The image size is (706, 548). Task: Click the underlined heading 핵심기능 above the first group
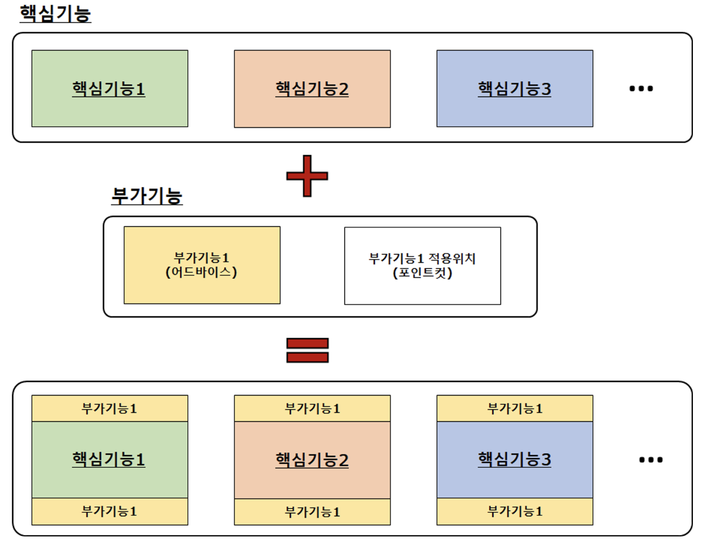pyautogui.click(x=55, y=14)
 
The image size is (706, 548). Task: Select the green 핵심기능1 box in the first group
pyautogui.click(x=110, y=89)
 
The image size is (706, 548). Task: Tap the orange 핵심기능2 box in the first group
pyautogui.click(x=312, y=89)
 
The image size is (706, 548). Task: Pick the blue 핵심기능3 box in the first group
pyautogui.click(x=515, y=89)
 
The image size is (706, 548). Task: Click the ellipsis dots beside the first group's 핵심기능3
pyautogui.click(x=641, y=89)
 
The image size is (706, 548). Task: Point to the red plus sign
pyautogui.click(x=307, y=176)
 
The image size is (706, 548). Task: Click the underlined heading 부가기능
pyautogui.click(x=147, y=196)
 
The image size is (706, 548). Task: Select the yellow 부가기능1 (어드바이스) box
pyautogui.click(x=202, y=265)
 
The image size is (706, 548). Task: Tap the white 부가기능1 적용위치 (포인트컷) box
pyautogui.click(x=422, y=265)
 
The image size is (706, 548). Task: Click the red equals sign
pyautogui.click(x=307, y=350)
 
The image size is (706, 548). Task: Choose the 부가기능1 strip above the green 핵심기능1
pyautogui.click(x=110, y=408)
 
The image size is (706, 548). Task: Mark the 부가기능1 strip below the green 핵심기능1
pyautogui.click(x=110, y=511)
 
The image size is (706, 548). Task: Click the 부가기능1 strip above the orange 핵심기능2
pyautogui.click(x=312, y=408)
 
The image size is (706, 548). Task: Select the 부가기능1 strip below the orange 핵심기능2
pyautogui.click(x=312, y=512)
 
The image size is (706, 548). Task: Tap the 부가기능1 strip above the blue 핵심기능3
pyautogui.click(x=515, y=408)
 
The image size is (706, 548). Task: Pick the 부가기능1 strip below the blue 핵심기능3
pyautogui.click(x=515, y=511)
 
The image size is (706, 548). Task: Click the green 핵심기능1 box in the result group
pyautogui.click(x=110, y=459)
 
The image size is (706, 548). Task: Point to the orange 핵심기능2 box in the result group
pyautogui.click(x=312, y=460)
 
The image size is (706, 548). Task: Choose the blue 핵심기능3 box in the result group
pyautogui.click(x=515, y=459)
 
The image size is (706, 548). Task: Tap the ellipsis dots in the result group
pyautogui.click(x=651, y=459)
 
